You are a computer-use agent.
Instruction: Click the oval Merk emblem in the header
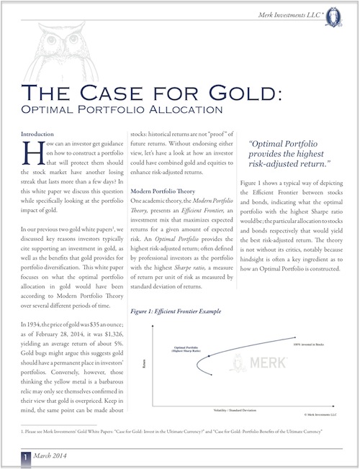click(338, 12)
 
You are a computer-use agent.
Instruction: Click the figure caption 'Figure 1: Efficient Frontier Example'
click(177, 314)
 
